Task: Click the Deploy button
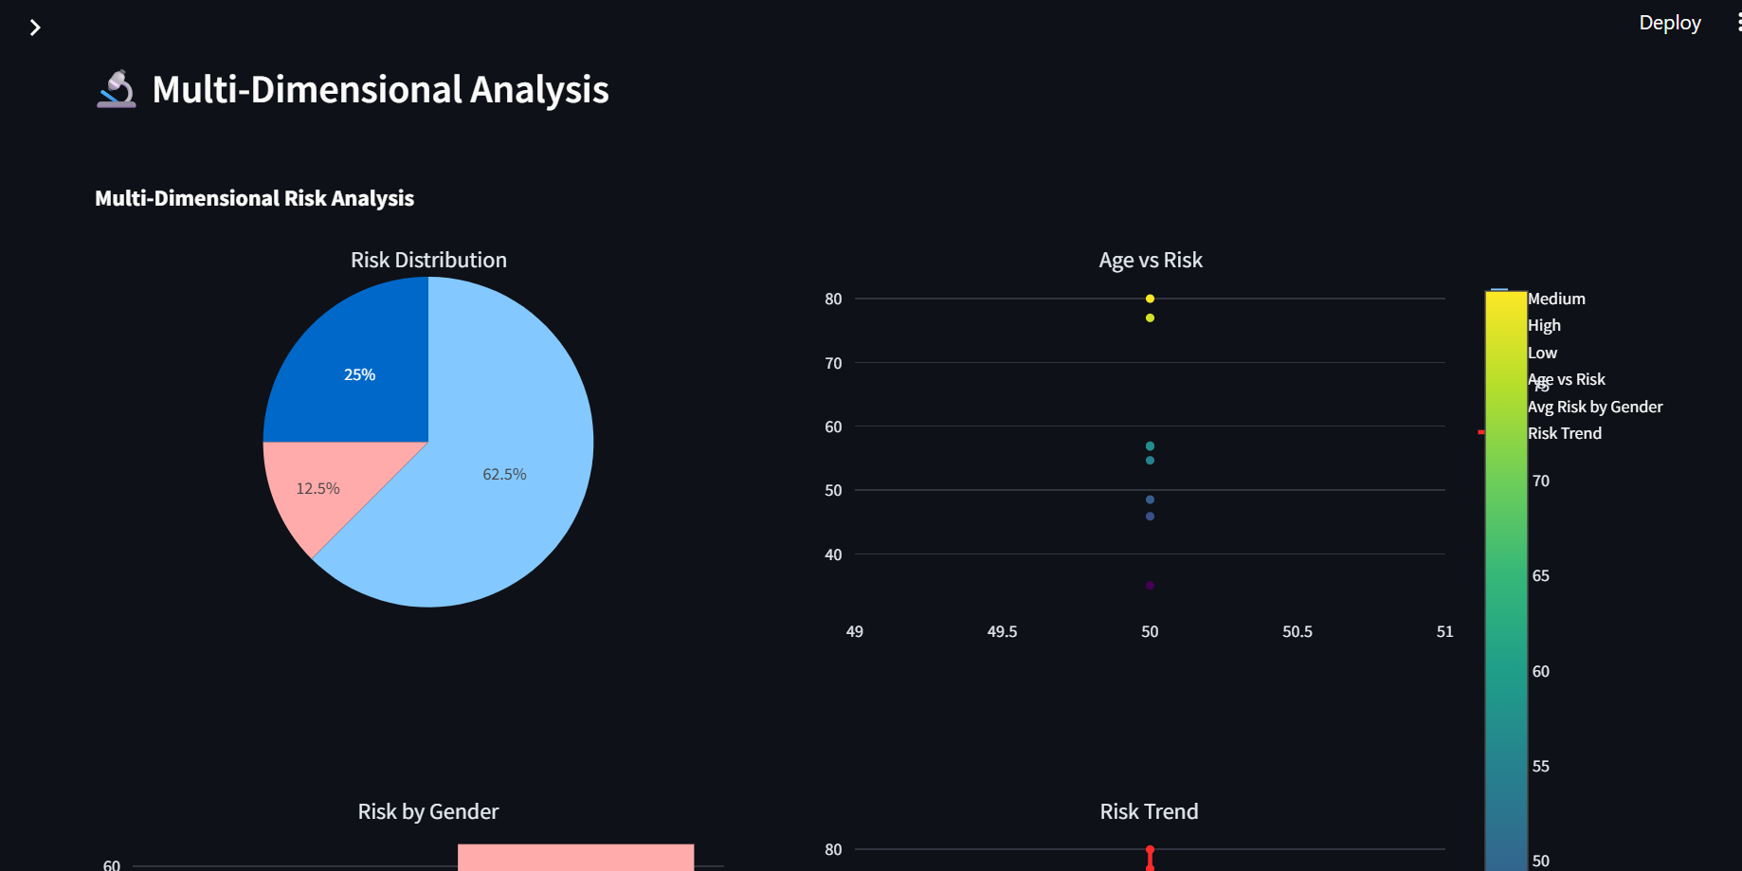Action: (1669, 23)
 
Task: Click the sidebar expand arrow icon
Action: (35, 27)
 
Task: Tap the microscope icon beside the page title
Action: (117, 90)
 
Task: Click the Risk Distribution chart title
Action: (428, 260)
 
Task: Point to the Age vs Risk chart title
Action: (1150, 260)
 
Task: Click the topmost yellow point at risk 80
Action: (1150, 299)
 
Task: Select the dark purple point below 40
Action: (1150, 586)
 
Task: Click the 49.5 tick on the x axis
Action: (1002, 631)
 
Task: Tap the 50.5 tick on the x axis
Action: (1297, 631)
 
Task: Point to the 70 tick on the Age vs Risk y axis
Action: (833, 363)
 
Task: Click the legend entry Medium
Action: (1556, 299)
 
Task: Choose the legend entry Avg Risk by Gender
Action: (1595, 407)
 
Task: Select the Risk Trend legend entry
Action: (1565, 433)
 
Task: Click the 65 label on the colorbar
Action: (1541, 575)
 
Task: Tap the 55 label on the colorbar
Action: (1541, 766)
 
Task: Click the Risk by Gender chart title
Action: (428, 811)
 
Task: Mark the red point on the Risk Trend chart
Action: (1150, 850)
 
